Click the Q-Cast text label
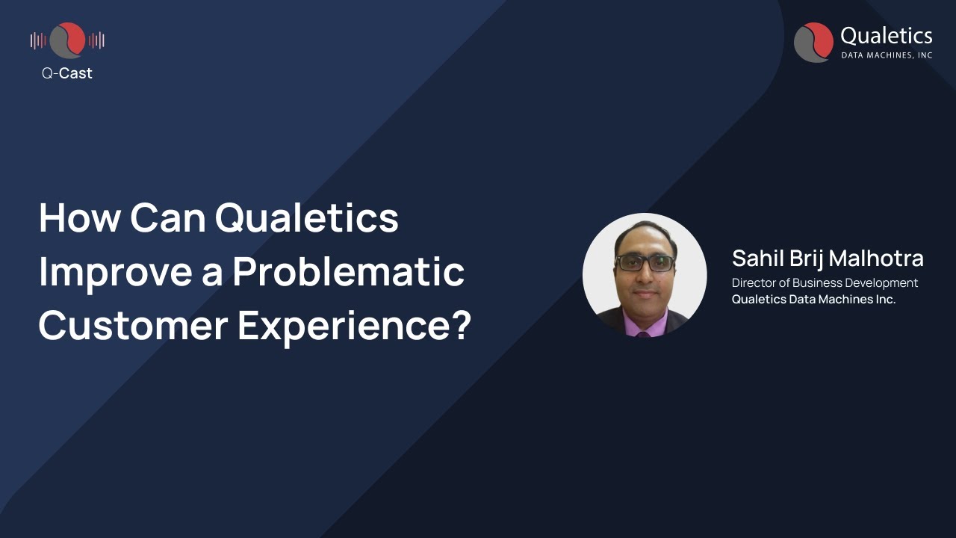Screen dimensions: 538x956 [x=67, y=73]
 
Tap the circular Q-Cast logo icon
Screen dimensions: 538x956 [x=67, y=40]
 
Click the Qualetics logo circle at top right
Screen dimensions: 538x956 [x=813, y=42]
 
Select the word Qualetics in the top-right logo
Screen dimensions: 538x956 [x=886, y=36]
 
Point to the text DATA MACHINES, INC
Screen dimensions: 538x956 [x=887, y=55]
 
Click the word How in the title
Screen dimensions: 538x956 [x=79, y=218]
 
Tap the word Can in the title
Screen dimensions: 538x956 [x=167, y=218]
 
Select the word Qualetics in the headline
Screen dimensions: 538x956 [x=307, y=218]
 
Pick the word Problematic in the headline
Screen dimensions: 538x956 [x=348, y=272]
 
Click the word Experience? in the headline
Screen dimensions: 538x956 [x=354, y=326]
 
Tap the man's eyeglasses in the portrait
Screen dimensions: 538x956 [x=645, y=263]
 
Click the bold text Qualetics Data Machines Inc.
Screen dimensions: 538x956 [x=813, y=300]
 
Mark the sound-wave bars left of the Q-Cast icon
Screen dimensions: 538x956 [x=38, y=40]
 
